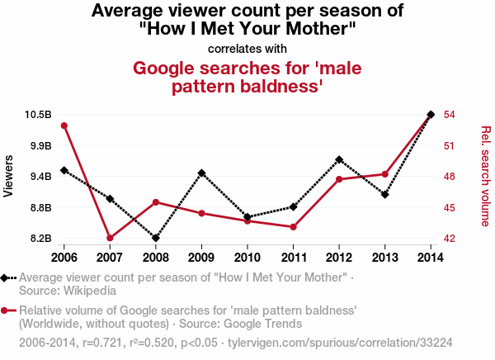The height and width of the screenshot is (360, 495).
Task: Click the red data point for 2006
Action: coord(64,126)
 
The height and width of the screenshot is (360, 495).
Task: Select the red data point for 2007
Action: coord(110,238)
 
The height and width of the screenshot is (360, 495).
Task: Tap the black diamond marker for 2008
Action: coord(156,238)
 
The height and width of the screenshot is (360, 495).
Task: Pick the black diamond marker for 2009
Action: coord(202,173)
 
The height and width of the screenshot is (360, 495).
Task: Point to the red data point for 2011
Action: coord(294,227)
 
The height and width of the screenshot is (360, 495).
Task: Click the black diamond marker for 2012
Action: coord(339,159)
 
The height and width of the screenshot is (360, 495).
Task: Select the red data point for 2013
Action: coord(385,174)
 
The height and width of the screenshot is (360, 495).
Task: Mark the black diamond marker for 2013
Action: coord(385,195)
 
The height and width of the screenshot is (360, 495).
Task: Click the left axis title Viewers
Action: coord(9,176)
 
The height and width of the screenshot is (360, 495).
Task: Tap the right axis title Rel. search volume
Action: coord(485,176)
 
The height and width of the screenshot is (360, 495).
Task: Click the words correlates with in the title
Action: coord(247,48)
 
